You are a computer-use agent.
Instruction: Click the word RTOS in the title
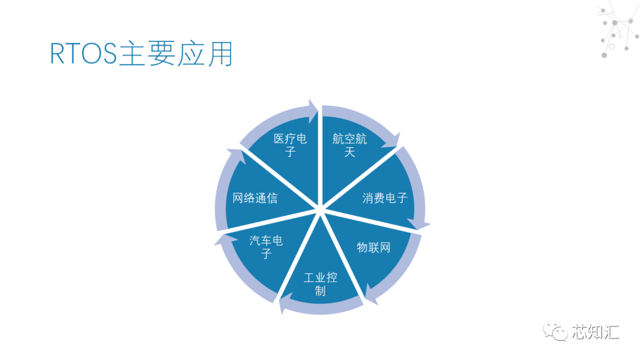[x=84, y=54]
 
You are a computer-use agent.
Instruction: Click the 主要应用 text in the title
[x=175, y=54]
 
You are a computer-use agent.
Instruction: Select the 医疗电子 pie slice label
[x=290, y=145]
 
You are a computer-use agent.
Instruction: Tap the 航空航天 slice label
[x=350, y=145]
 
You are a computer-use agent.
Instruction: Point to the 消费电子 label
[x=385, y=198]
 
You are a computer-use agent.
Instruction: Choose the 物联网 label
[x=373, y=247]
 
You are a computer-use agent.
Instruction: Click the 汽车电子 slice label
[x=266, y=247]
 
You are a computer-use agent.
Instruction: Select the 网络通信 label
[x=255, y=198]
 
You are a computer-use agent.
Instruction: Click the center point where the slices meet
[x=320, y=208]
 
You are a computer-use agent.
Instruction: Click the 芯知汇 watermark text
[x=595, y=331]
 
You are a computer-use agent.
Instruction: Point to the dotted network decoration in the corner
[x=616, y=30]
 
